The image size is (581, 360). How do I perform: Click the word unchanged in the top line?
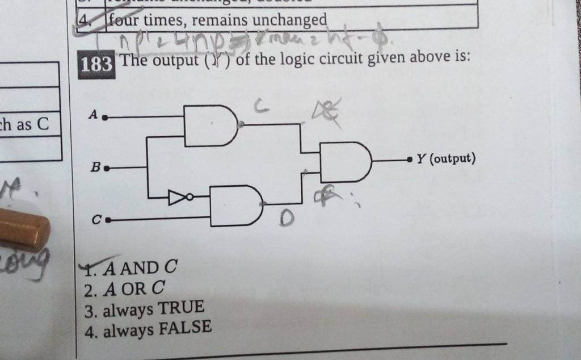click(x=289, y=20)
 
